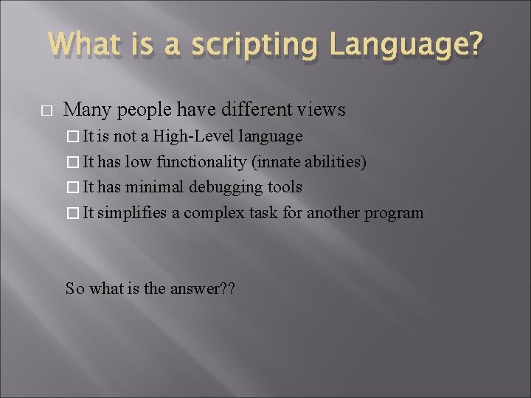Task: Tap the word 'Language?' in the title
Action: [x=407, y=46]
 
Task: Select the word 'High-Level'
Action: [x=190, y=136]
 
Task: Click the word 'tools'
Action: [x=283, y=188]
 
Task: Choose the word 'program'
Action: [x=396, y=214]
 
